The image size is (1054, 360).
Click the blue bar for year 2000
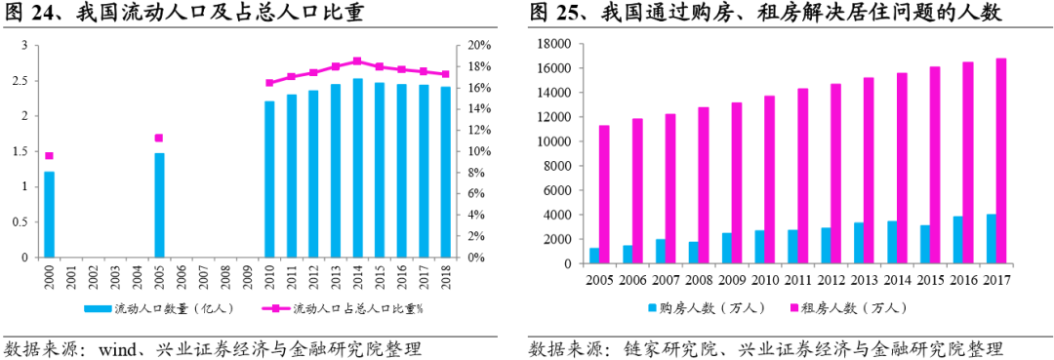[x=49, y=215]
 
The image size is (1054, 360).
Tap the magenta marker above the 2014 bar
[x=357, y=60]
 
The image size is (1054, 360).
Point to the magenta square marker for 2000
[x=49, y=155]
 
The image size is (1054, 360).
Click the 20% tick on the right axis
[x=476, y=46]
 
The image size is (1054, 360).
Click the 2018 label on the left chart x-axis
[x=446, y=276]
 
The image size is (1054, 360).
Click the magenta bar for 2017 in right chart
[x=1001, y=161]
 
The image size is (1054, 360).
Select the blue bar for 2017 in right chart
[x=992, y=239]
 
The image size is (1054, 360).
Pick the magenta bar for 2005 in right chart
[x=604, y=194]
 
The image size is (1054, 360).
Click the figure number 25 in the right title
[x=571, y=13]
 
